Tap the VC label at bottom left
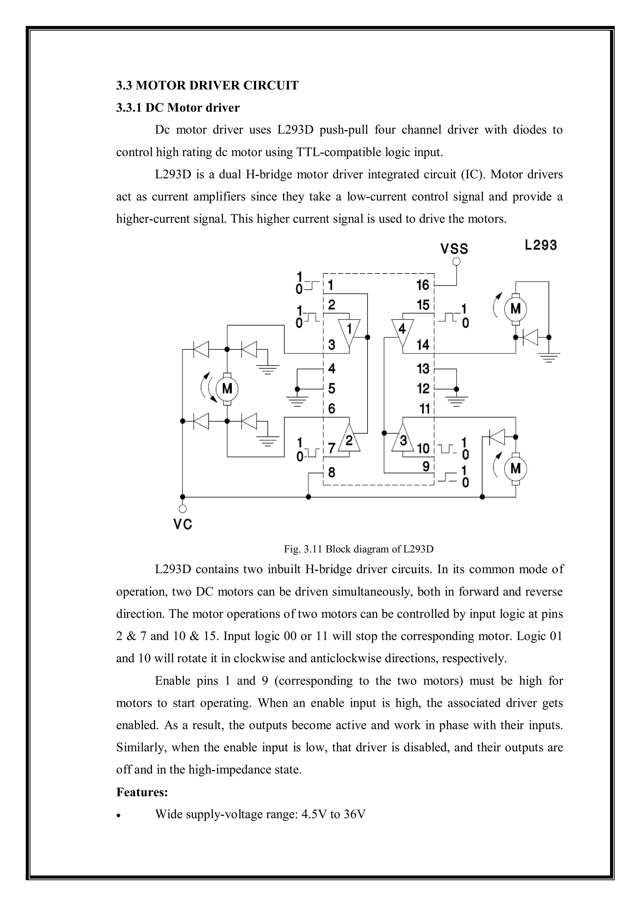(182, 524)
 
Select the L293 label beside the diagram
(541, 245)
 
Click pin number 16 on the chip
(423, 285)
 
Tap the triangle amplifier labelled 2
(349, 438)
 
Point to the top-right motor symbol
(515, 309)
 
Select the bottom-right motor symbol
(515, 469)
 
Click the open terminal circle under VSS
(456, 261)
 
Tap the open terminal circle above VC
(182, 509)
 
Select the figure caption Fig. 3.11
(358, 549)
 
